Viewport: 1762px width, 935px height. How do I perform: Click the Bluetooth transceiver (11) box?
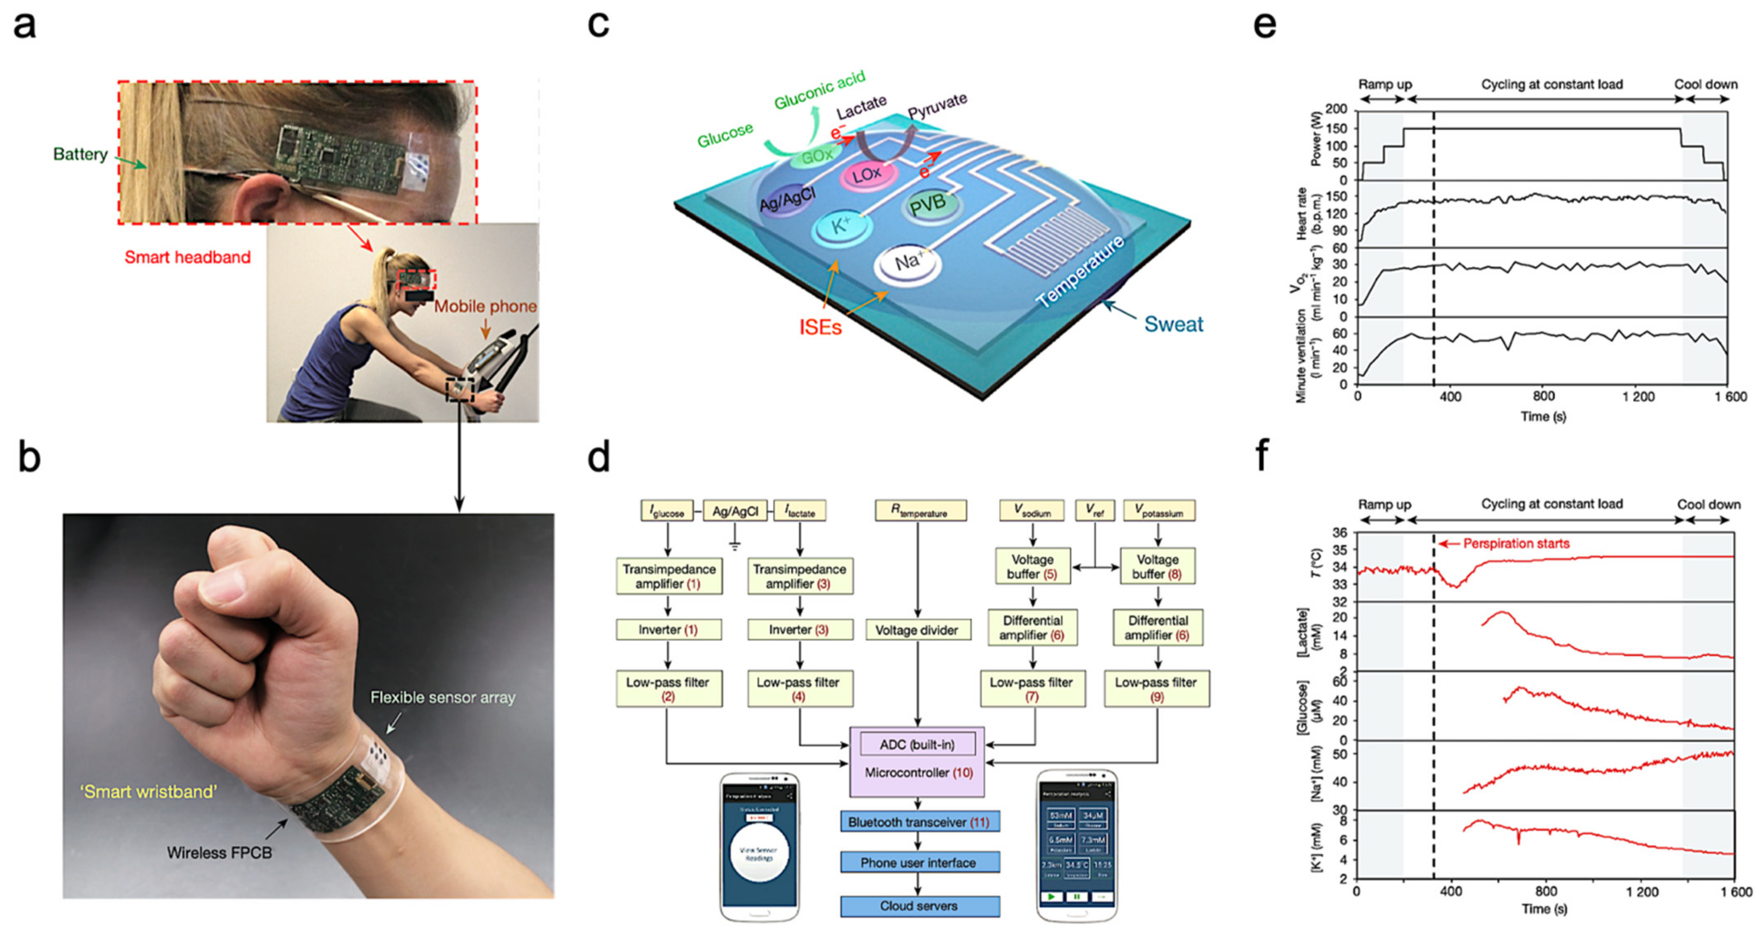(919, 821)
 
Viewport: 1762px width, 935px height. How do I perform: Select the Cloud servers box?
(919, 906)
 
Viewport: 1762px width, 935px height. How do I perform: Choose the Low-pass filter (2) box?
(668, 689)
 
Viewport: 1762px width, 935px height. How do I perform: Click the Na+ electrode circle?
(907, 263)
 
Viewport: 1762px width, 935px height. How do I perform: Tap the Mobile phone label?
(485, 306)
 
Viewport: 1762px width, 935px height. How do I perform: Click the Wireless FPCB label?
(219, 853)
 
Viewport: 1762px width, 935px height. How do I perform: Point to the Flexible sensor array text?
(443, 698)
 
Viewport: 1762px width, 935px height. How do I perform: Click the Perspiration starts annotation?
(1516, 544)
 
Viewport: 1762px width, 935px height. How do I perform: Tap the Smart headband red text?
(187, 257)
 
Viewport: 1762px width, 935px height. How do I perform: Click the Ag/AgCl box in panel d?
(735, 511)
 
